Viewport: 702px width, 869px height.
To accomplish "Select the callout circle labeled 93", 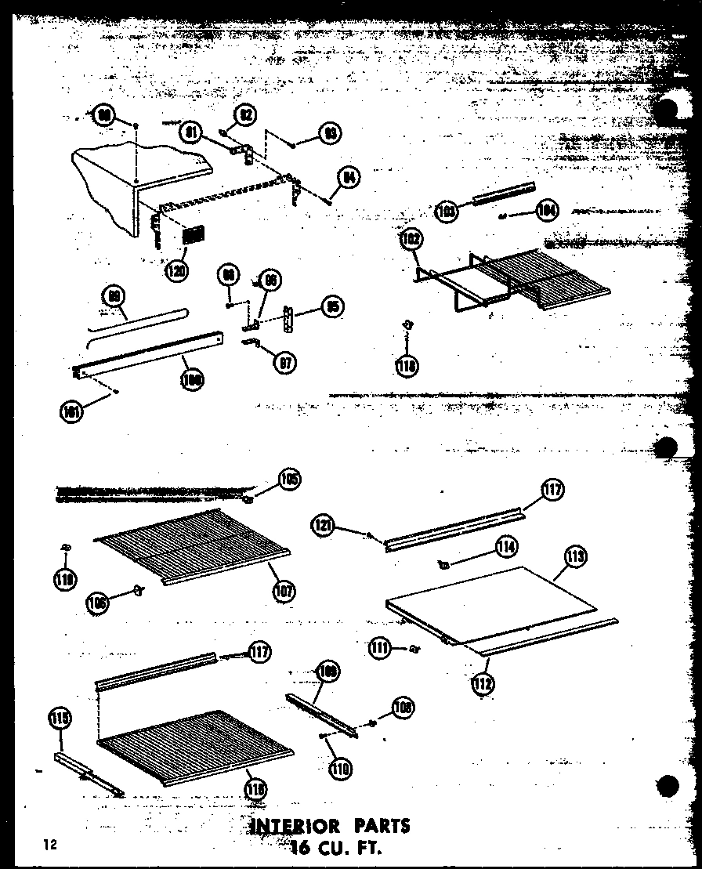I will click(329, 134).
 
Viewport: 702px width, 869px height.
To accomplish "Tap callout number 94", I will click(349, 178).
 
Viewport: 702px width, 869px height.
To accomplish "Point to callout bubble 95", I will click(333, 307).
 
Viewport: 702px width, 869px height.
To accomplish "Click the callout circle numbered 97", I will click(287, 363).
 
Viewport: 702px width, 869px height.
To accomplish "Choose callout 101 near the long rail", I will click(72, 412).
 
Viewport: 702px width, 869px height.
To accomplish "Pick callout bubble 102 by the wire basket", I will click(409, 240).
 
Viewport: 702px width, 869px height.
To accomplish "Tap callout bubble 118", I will click(407, 364).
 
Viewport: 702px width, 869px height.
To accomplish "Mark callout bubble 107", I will click(284, 590).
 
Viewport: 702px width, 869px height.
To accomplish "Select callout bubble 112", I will click(483, 683).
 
